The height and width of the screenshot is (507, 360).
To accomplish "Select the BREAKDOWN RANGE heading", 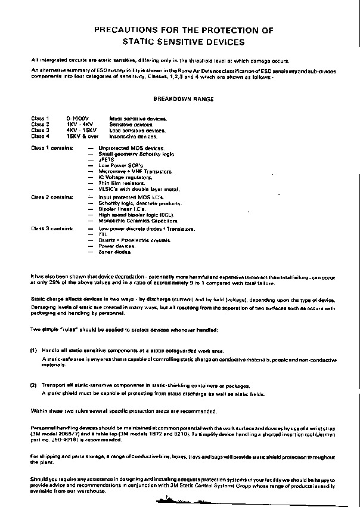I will [183, 98].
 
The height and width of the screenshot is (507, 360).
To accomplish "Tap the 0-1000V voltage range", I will [77, 119].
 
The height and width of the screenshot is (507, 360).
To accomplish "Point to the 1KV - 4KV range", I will [79, 124].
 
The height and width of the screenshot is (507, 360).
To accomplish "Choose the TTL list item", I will [103, 234].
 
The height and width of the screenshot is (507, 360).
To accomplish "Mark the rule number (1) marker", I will [34, 350].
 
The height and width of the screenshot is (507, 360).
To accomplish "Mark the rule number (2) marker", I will [34, 386].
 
